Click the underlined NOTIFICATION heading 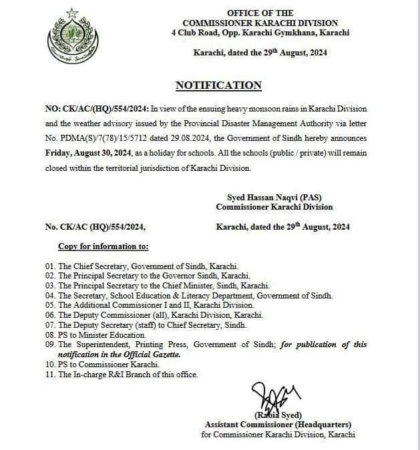click(x=218, y=85)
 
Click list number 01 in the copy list click(x=50, y=265)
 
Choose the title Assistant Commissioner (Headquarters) click(x=278, y=425)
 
